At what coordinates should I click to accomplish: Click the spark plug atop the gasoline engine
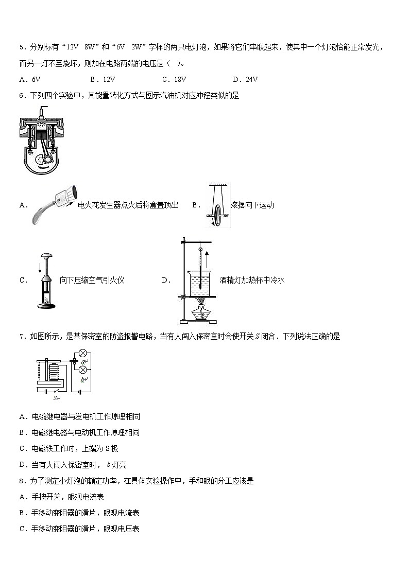click(x=40, y=110)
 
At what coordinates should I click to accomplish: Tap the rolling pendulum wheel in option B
click(x=218, y=214)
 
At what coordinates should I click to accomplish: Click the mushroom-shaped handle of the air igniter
click(x=48, y=256)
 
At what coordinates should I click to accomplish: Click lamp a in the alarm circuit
click(x=82, y=354)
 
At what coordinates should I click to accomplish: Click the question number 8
click(x=22, y=481)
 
